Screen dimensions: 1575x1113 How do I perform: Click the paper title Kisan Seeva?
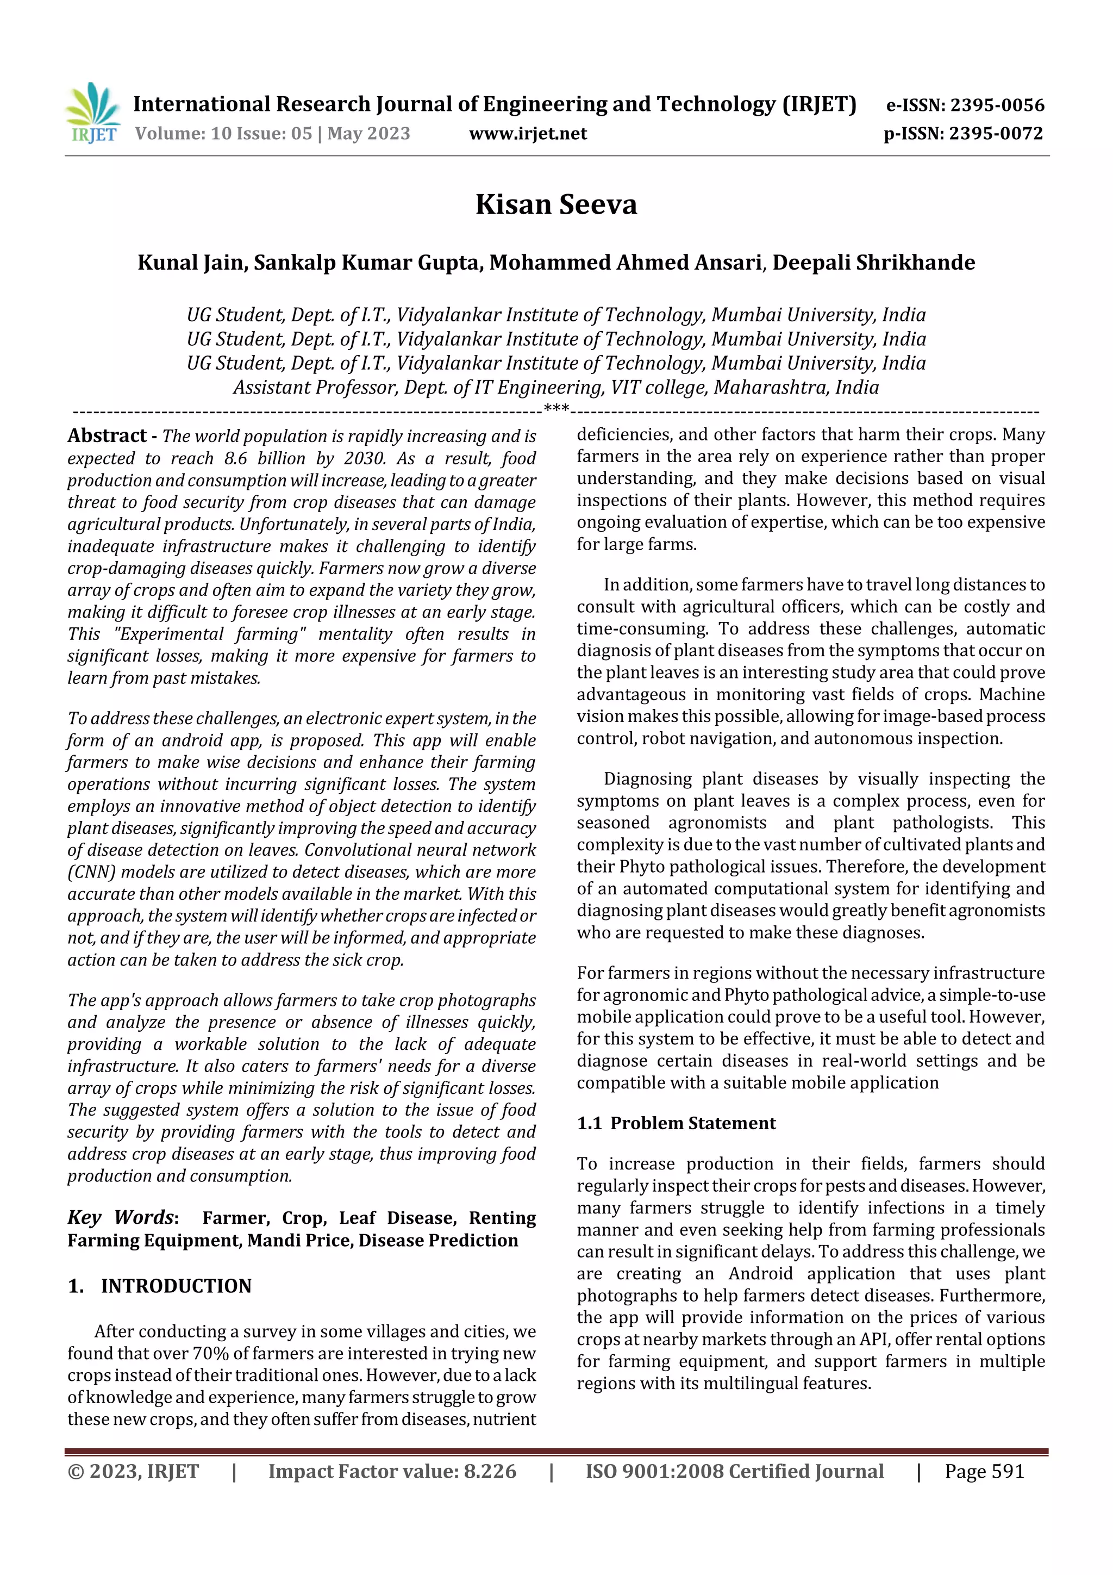[x=556, y=204]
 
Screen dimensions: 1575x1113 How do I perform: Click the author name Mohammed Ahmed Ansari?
[x=626, y=262]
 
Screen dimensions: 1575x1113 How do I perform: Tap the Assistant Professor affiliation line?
[x=555, y=387]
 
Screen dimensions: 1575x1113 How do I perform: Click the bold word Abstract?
[x=107, y=435]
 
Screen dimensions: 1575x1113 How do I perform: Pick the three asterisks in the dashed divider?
[x=555, y=409]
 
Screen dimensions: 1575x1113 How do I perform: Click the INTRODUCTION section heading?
[x=176, y=1286]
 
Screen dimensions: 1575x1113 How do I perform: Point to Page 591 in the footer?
[x=984, y=1471]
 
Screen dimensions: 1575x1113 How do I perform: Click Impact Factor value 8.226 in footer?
[x=392, y=1471]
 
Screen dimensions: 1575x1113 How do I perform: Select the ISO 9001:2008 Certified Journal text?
[x=734, y=1471]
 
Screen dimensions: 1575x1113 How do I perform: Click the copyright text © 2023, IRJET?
[x=133, y=1471]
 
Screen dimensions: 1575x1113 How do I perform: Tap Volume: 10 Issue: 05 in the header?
[x=223, y=133]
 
